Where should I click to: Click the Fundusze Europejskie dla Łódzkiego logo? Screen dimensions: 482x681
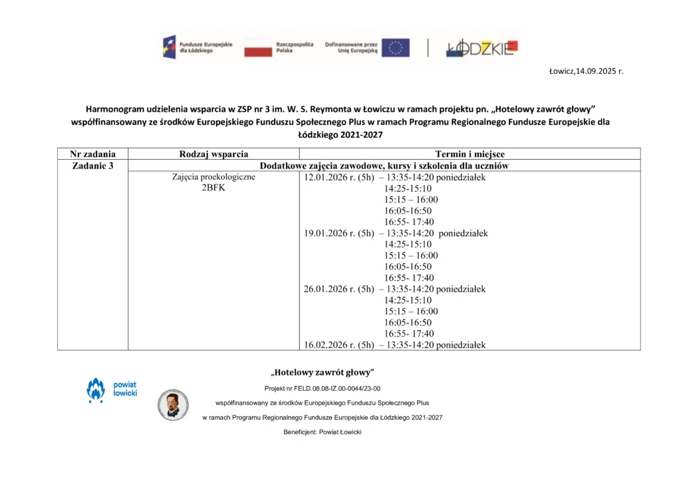tap(197, 47)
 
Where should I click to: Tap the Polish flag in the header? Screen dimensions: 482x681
tap(258, 47)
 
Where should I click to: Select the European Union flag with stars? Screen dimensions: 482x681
tap(396, 47)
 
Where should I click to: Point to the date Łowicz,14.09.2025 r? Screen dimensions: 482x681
tap(586, 71)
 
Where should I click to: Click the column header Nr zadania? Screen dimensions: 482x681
tap(92, 154)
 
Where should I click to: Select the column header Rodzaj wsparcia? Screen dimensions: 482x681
tap(213, 154)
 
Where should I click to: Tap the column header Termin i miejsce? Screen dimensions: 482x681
tap(470, 154)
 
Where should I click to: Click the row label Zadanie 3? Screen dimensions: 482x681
tap(92, 166)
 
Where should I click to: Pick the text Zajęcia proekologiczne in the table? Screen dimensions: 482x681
tap(213, 177)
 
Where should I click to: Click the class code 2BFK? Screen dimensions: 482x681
tap(213, 188)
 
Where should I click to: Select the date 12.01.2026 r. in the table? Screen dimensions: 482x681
tap(330, 178)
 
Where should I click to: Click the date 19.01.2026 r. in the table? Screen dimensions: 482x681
tap(330, 234)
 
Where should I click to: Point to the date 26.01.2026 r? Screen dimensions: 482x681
tap(330, 290)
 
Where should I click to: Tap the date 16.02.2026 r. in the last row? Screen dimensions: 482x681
tap(330, 345)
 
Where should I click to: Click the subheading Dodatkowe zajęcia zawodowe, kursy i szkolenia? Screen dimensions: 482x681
tap(384, 166)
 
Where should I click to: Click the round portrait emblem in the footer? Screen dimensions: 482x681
tap(173, 404)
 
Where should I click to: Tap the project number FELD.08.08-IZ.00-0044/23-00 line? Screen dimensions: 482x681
tap(323, 388)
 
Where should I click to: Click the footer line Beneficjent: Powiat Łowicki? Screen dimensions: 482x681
tap(323, 432)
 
